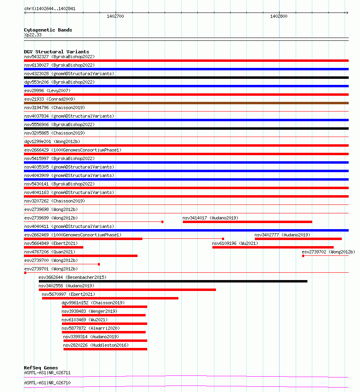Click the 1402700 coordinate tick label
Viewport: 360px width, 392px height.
tap(115, 17)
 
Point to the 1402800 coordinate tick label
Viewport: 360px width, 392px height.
tap(279, 17)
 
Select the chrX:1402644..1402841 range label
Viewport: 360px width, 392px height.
tap(50, 8)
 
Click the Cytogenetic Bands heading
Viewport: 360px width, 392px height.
tap(48, 30)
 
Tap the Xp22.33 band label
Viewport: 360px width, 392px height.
tap(33, 35)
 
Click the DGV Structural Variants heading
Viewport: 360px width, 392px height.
tap(57, 52)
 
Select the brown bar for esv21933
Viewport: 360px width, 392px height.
tap(186, 103)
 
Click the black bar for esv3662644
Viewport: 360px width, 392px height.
tap(173, 281)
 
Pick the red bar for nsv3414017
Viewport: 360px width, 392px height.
tap(247, 222)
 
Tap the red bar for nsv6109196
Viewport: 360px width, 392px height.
tap(273, 247)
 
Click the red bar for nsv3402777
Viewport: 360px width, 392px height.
tap(298, 239)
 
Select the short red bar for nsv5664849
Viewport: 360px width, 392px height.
tap(54, 247)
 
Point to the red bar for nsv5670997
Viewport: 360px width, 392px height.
tap(110, 298)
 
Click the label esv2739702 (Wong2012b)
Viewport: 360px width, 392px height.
tap(328, 252)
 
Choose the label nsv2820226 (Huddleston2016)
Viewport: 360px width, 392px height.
tap(96, 345)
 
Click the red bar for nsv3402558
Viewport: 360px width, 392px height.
tap(127, 290)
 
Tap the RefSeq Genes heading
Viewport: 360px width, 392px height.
tap(41, 368)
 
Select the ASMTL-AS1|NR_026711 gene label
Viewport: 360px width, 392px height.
tap(47, 373)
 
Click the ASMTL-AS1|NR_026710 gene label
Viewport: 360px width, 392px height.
tap(47, 382)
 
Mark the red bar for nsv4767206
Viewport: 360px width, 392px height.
tap(81, 256)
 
